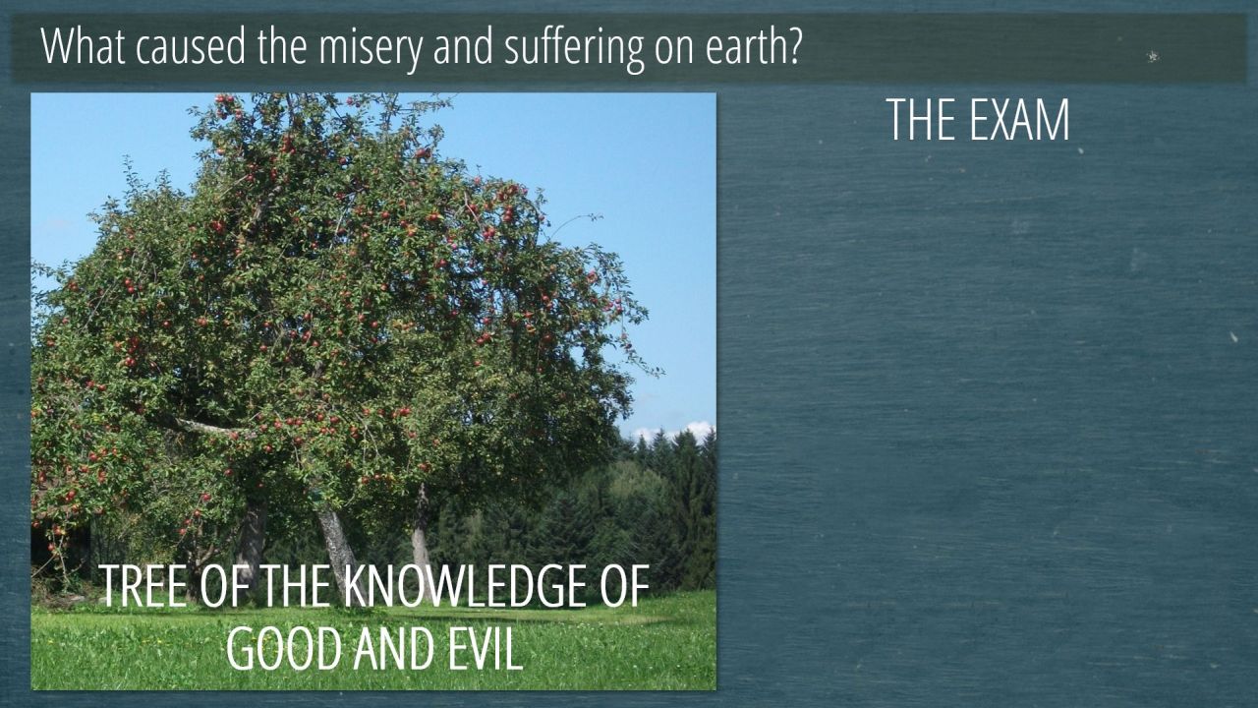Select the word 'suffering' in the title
pos(574,49)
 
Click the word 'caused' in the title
pos(191,46)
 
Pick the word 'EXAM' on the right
pos(1018,120)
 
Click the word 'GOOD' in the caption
pos(284,648)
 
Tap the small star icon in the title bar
pos(1153,56)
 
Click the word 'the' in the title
pos(282,46)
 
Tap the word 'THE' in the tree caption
pos(296,586)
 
